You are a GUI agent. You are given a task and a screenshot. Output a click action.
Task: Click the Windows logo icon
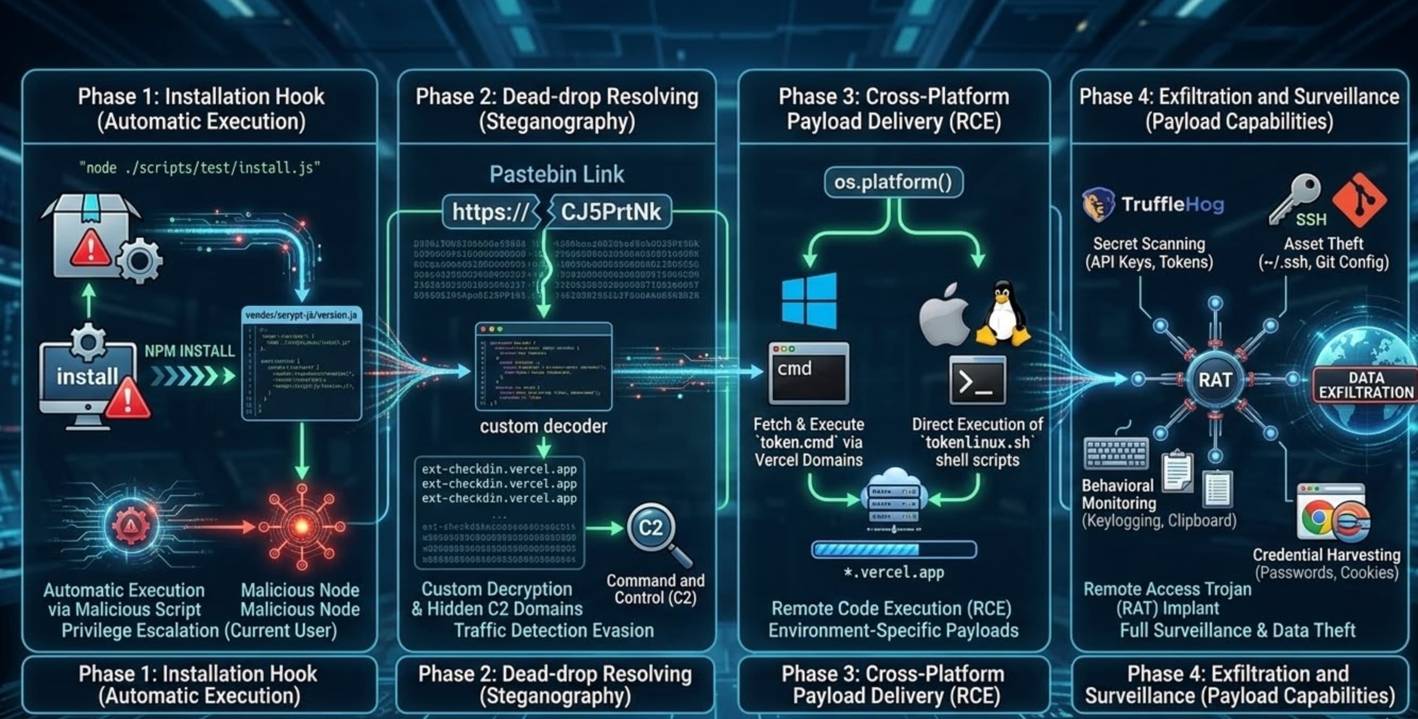(809, 301)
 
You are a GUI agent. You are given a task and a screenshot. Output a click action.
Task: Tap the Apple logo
(944, 315)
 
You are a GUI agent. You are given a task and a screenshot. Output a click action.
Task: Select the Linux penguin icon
(1003, 313)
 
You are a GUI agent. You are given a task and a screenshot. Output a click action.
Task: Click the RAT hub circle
(1215, 380)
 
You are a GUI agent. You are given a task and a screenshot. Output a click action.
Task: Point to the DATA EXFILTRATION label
(1366, 385)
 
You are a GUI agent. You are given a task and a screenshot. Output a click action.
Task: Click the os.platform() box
(893, 182)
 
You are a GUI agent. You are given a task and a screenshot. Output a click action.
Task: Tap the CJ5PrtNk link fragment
(611, 212)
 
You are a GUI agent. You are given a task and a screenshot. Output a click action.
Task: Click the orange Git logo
(1360, 199)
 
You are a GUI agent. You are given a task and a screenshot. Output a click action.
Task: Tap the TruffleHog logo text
(1172, 204)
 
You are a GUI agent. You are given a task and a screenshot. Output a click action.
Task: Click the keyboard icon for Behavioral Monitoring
(1116, 453)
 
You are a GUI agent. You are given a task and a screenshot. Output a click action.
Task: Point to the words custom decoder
(543, 426)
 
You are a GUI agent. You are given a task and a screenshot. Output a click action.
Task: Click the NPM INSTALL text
(189, 351)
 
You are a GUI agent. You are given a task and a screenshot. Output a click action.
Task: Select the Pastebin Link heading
(556, 174)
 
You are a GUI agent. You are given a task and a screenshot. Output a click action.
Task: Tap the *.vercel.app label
(893, 572)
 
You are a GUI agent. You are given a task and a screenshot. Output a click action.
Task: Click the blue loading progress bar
(893, 549)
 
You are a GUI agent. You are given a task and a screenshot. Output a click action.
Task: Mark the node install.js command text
(199, 168)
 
